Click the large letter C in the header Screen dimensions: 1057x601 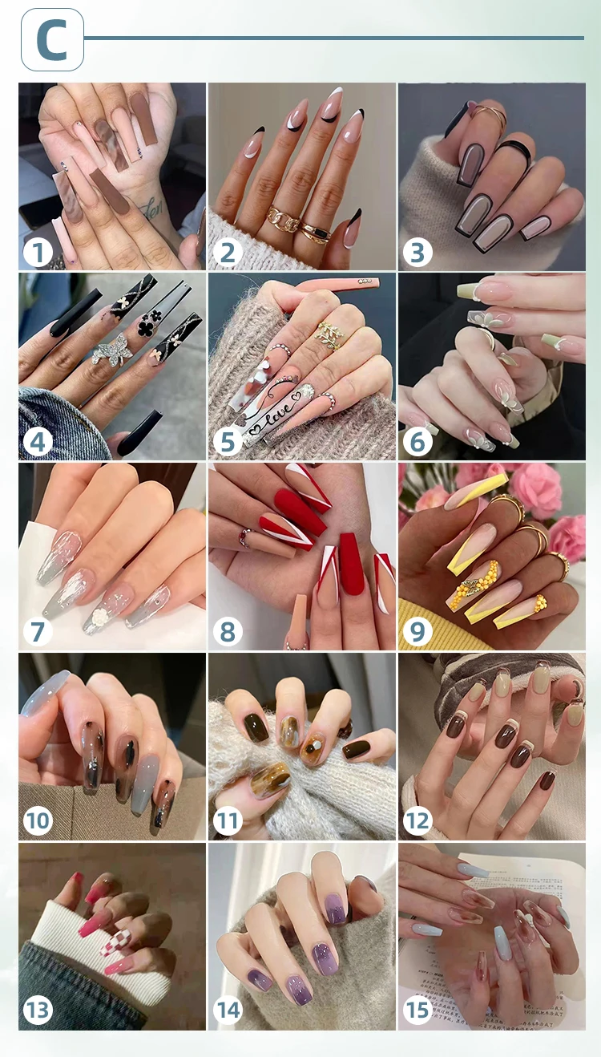(x=52, y=40)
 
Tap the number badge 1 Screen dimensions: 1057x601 (x=38, y=253)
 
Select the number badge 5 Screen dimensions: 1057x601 (x=228, y=442)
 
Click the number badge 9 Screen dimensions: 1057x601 (x=417, y=632)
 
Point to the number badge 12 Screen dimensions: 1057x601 (x=417, y=820)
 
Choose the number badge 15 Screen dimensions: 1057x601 (x=417, y=1010)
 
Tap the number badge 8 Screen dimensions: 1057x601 (x=228, y=632)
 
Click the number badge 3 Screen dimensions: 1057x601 (x=417, y=253)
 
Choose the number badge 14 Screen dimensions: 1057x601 (x=228, y=1010)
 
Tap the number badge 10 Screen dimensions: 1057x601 (x=38, y=820)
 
